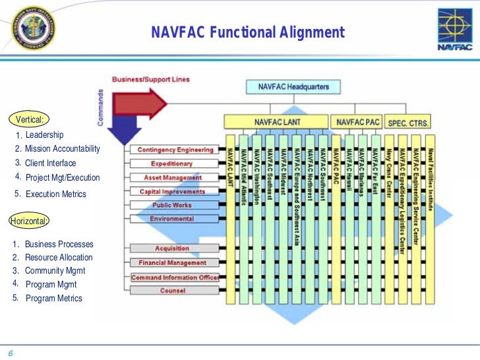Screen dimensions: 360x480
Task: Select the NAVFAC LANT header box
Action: (x=276, y=123)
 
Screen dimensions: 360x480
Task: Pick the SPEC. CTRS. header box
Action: (x=408, y=123)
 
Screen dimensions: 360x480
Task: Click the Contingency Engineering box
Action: (x=175, y=150)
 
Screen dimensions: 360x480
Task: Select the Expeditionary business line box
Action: (x=172, y=164)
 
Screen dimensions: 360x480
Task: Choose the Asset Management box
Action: (x=173, y=177)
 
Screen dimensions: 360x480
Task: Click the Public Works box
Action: (x=172, y=205)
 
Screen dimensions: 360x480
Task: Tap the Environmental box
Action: (x=172, y=219)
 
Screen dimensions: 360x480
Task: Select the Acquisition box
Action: (x=172, y=249)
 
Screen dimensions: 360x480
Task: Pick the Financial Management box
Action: (x=172, y=263)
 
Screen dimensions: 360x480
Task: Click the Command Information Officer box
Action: (x=175, y=278)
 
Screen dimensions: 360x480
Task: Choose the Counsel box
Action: (x=172, y=291)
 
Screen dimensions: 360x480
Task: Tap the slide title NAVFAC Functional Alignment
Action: (x=248, y=32)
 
